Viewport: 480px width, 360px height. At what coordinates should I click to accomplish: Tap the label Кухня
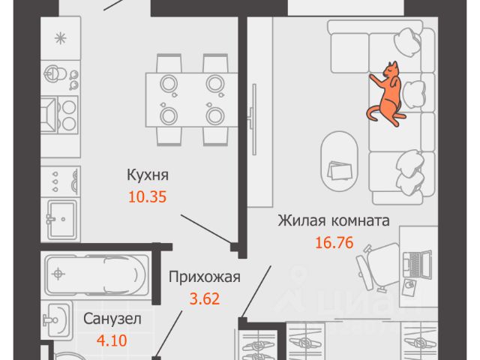(x=147, y=175)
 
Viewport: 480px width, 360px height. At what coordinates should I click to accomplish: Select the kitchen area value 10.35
(x=147, y=198)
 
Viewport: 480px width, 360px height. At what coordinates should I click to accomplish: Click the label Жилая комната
(x=333, y=221)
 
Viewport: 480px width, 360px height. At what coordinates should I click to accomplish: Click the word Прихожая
(x=204, y=277)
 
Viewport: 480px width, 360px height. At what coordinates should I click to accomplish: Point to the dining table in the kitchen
(x=193, y=99)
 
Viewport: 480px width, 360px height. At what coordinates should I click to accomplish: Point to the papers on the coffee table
(x=342, y=171)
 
